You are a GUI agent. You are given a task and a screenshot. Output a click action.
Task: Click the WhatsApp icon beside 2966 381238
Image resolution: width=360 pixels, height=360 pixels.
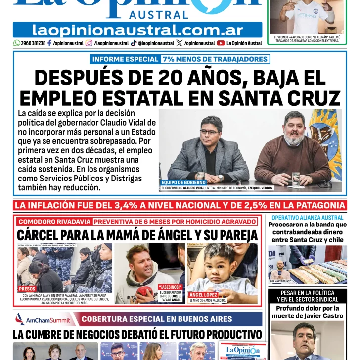click(x=17, y=43)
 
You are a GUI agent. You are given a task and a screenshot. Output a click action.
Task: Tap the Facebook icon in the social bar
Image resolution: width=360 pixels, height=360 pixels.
click(x=49, y=43)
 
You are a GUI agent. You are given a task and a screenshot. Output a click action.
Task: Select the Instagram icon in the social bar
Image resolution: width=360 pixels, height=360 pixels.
click(x=89, y=43)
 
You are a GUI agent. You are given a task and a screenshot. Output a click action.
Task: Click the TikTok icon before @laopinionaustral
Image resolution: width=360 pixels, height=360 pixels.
click(x=134, y=43)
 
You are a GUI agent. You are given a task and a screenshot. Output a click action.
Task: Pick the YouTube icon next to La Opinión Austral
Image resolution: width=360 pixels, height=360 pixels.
click(x=221, y=43)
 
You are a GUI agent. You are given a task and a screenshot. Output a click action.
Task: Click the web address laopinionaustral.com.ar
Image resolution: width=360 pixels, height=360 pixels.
click(x=137, y=30)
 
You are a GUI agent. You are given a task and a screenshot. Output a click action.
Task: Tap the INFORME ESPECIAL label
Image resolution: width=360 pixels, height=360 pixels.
click(x=125, y=59)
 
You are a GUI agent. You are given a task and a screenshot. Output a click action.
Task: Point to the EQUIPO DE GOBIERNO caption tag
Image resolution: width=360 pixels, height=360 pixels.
click(x=177, y=182)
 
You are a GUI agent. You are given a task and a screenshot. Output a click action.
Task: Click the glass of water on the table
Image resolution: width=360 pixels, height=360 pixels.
click(x=296, y=179)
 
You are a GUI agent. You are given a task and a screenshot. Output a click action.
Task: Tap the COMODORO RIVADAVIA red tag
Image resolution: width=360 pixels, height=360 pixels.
click(x=54, y=222)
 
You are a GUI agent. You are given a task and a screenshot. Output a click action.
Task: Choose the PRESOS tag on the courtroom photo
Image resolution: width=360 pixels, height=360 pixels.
click(x=27, y=289)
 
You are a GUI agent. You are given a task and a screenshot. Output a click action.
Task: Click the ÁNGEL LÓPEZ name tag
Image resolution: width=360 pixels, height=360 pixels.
click(x=203, y=295)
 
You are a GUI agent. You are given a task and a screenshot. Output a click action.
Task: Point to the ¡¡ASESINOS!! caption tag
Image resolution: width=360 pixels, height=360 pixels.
click(x=170, y=287)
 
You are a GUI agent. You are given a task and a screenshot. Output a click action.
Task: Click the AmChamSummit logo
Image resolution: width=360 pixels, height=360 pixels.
click(x=43, y=319)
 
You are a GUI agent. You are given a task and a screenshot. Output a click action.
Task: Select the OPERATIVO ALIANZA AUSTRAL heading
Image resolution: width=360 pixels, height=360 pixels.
click(x=308, y=218)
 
